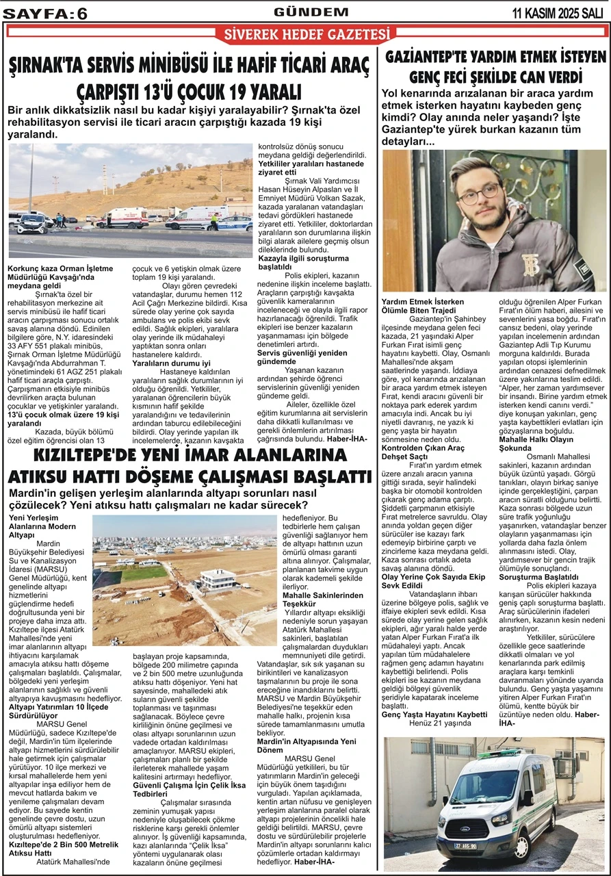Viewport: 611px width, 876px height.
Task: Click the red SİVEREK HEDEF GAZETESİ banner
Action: point(305,34)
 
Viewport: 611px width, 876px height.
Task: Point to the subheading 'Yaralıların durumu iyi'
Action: point(170,363)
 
